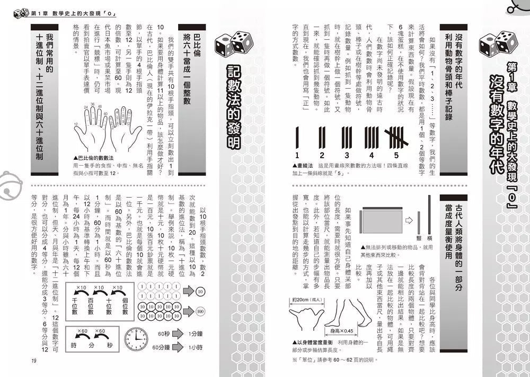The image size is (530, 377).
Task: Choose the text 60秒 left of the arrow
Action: point(164,334)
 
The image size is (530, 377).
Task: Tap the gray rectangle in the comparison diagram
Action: point(378,219)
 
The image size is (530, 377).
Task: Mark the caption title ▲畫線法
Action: point(305,165)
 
